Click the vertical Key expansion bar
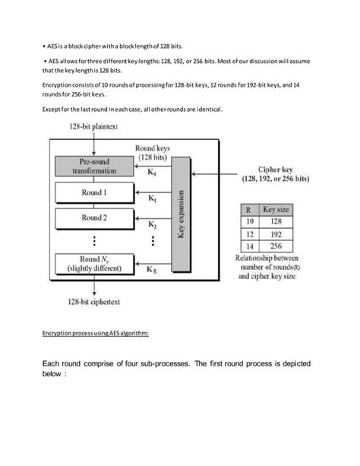coord(181,216)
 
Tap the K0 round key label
coord(153,173)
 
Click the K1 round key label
coord(153,199)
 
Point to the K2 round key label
coord(153,224)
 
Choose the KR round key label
coord(153,270)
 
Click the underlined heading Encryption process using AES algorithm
coord(96,333)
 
